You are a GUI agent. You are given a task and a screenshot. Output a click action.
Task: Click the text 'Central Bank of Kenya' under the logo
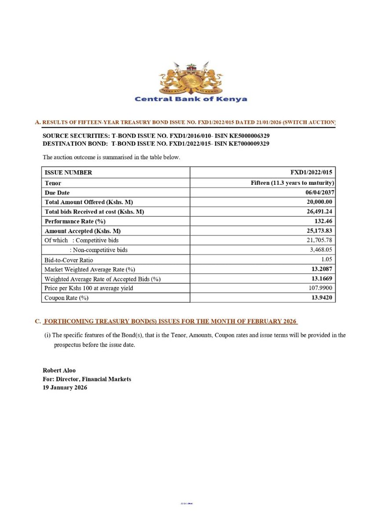[190, 99]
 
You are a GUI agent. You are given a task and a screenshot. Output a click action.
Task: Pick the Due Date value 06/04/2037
[316, 192]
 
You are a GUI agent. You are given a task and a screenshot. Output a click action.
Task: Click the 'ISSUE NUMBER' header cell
[68, 172]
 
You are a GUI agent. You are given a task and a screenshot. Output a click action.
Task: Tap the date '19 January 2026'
[65, 388]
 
